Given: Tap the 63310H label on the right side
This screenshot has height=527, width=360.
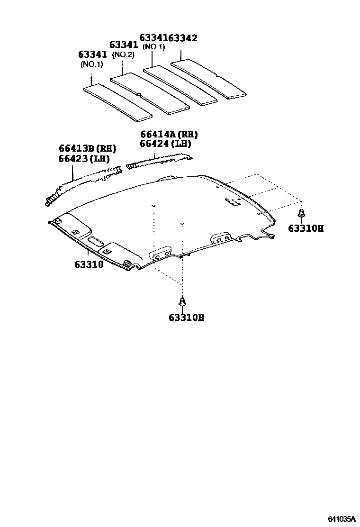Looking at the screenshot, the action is (x=306, y=228).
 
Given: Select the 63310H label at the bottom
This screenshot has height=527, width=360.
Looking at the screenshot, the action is (x=186, y=318).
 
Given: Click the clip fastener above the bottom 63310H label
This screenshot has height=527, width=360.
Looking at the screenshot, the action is (x=181, y=302).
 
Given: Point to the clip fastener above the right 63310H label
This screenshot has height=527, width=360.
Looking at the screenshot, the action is (x=301, y=214).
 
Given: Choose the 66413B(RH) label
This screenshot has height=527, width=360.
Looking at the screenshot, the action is (x=88, y=148).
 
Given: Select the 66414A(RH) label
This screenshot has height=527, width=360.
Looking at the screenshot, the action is (x=169, y=135).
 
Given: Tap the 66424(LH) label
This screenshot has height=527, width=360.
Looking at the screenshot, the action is (x=165, y=144).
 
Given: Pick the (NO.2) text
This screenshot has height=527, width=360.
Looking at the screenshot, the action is (x=123, y=55).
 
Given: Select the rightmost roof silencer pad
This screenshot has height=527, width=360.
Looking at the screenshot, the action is (x=208, y=79).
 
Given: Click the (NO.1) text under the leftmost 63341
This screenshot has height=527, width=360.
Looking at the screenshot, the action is (x=92, y=64).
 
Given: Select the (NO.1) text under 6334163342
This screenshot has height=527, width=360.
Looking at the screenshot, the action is (x=153, y=47).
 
